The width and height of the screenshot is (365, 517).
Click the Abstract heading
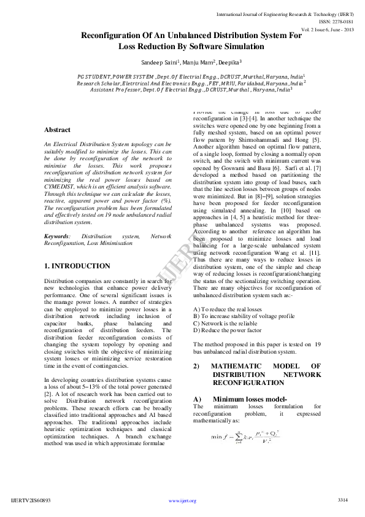tap(57, 130)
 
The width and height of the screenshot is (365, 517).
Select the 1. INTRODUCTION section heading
tap(77, 266)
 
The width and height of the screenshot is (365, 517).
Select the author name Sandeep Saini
tap(159, 63)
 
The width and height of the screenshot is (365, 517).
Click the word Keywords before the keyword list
tap(57, 236)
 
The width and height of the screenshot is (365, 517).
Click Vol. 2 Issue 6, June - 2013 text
tap(328, 29)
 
